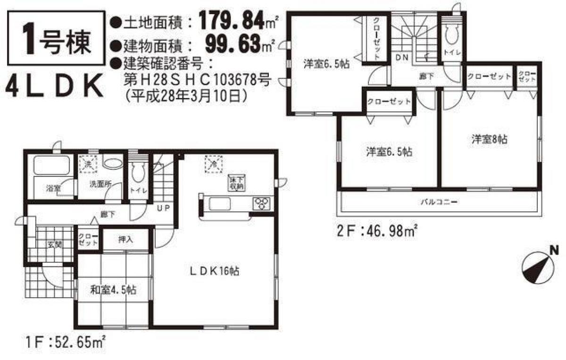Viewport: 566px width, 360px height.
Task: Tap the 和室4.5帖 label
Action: point(113,290)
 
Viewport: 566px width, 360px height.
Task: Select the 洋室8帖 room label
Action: point(489,139)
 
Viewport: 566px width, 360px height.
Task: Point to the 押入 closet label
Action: point(125,239)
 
